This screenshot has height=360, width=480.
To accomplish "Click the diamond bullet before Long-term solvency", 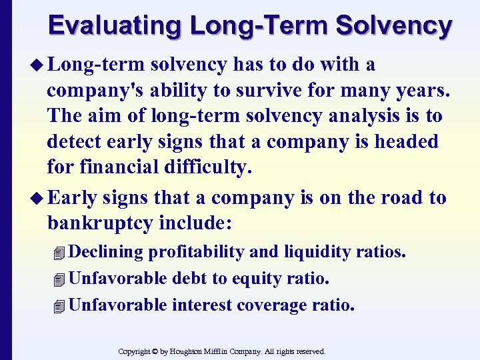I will (38, 65).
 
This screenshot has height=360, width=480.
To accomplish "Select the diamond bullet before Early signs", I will (38, 198).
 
